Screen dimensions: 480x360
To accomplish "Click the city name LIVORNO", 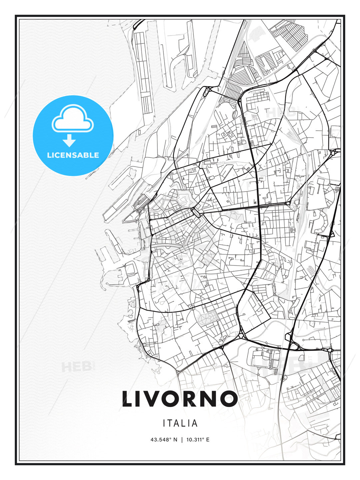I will click(180, 399).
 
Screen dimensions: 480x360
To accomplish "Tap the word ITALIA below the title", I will click(180, 423).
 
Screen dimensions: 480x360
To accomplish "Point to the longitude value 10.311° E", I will click(198, 440).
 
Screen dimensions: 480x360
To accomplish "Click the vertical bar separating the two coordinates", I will click(182, 440).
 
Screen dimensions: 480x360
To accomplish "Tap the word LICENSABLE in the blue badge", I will click(73, 155).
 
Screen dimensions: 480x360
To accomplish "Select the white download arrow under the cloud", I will click(69, 141).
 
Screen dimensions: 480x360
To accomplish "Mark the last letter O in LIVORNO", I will click(229, 399).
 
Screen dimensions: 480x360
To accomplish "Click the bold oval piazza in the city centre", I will click(196, 212).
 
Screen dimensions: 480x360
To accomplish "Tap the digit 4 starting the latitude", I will click(152, 440).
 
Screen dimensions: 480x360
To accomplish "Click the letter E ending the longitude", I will click(208, 440).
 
